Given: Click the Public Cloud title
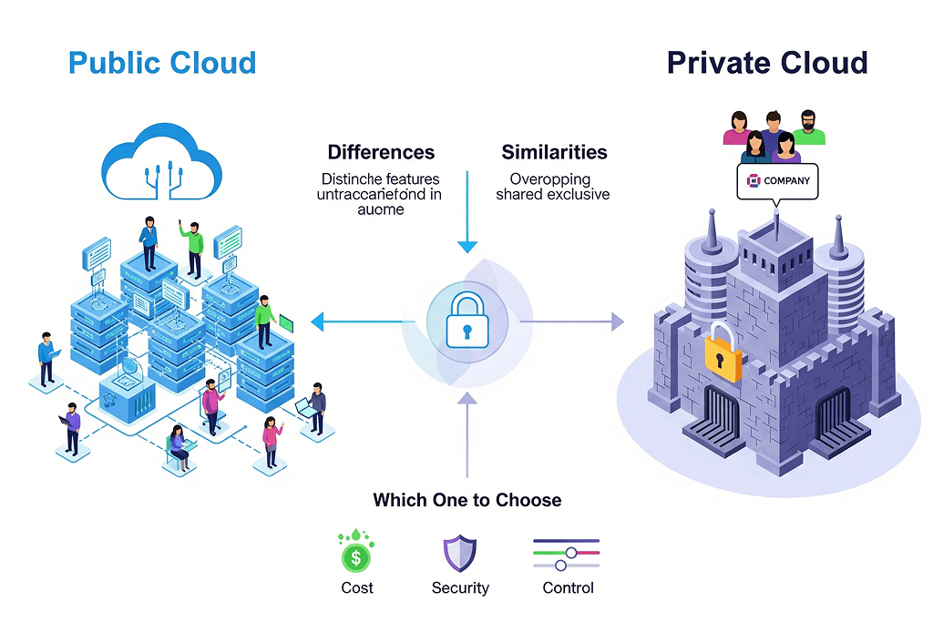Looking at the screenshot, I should point(162,63).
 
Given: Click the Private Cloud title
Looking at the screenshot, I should point(766,63).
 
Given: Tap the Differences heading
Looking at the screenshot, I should point(381,152).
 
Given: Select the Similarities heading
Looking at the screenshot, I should point(554,152).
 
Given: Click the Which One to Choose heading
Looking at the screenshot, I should point(466,500).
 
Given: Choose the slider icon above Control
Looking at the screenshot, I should point(566,553).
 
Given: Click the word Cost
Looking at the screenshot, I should point(356,588).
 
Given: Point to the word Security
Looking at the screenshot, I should point(460,588).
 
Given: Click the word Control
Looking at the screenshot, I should point(568,588).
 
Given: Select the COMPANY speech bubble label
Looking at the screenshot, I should point(777,180).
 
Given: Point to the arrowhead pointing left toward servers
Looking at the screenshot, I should point(318,321).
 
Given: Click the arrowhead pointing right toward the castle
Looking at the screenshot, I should point(617,321).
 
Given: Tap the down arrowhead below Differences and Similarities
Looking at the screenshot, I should point(466,246).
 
